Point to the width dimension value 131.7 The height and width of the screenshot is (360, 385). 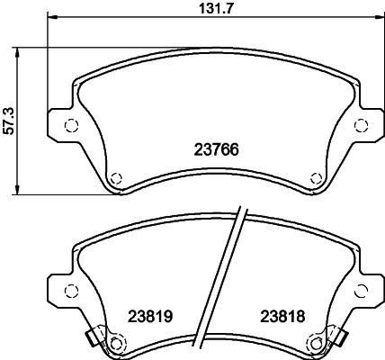tap(214, 9)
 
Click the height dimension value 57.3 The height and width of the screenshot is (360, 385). tap(10, 119)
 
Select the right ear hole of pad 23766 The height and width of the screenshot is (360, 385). tap(362, 125)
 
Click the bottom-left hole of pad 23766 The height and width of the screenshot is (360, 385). tap(113, 176)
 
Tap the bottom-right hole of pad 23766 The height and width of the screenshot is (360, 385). tap(315, 176)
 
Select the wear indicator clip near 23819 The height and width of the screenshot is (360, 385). tap(91, 338)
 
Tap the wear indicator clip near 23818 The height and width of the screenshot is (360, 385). tap(344, 338)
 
